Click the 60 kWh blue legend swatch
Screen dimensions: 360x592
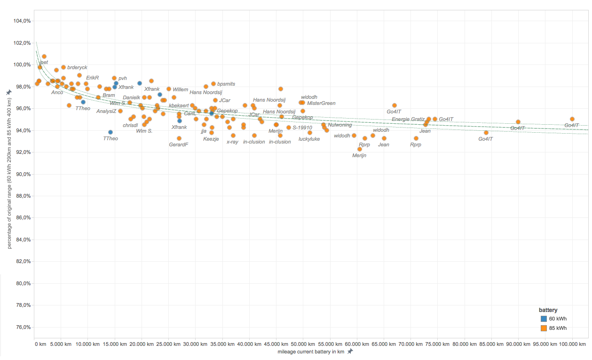544,319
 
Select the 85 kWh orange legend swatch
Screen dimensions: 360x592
544,328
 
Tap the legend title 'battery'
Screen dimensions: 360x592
548,310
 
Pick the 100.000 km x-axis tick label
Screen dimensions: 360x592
572,344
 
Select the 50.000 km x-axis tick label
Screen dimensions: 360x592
302,344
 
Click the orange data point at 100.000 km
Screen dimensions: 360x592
572,119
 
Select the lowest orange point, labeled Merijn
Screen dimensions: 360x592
360,149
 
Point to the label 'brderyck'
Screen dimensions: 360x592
77,68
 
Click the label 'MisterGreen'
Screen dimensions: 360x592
321,103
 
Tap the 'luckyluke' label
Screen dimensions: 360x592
309,139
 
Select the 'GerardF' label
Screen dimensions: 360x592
178,144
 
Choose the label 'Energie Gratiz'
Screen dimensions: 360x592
408,119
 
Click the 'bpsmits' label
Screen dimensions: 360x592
226,84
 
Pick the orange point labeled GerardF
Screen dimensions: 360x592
179,138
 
